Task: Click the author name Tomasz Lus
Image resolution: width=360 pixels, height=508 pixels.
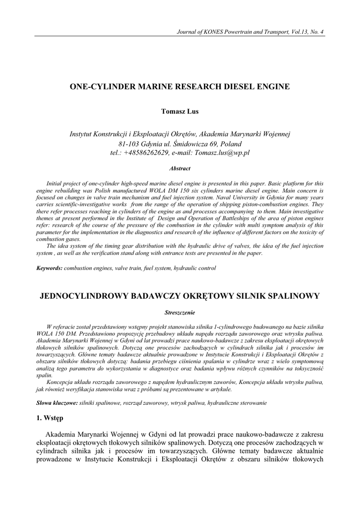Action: coord(180,112)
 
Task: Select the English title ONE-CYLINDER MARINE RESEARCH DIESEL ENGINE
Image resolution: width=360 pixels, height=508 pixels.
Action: coord(180,86)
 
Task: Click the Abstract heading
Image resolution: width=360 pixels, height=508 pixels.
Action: coord(180,169)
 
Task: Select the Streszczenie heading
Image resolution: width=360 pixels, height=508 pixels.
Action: coord(180,313)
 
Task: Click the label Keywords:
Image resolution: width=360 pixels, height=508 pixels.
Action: coord(50,268)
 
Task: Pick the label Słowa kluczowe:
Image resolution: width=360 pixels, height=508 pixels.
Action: coord(57,403)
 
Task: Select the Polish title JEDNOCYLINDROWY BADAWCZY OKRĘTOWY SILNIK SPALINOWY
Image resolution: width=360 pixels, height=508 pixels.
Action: coord(180,296)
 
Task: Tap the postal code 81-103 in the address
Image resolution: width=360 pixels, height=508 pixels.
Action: coord(124,143)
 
